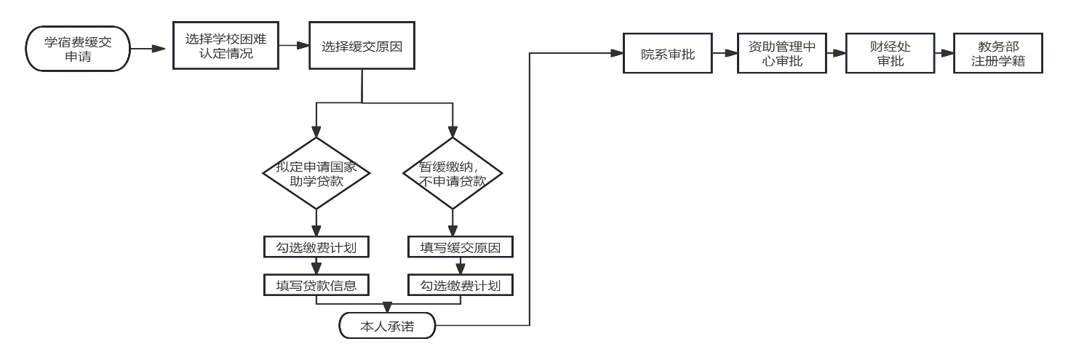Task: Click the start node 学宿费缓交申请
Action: pyautogui.click(x=78, y=49)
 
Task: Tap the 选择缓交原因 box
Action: pyautogui.click(x=362, y=45)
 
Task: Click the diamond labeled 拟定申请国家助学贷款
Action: pyautogui.click(x=316, y=175)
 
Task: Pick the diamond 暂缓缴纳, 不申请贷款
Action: pyautogui.click(x=453, y=175)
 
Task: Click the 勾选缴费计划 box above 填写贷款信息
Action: pyautogui.click(x=316, y=247)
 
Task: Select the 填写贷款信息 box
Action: pyautogui.click(x=316, y=285)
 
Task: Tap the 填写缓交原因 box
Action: pyautogui.click(x=461, y=247)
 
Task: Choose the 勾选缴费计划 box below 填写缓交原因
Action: pyautogui.click(x=461, y=285)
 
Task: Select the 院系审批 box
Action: pyautogui.click(x=667, y=53)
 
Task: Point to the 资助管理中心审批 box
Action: pyautogui.click(x=781, y=53)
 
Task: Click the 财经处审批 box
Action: pyautogui.click(x=890, y=53)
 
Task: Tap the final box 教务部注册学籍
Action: pyautogui.click(x=998, y=53)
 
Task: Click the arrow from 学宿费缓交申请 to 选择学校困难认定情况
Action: pyautogui.click(x=151, y=49)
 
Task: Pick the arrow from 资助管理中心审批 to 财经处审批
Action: pyautogui.click(x=836, y=53)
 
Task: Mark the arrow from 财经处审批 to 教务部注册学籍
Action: pyautogui.click(x=944, y=53)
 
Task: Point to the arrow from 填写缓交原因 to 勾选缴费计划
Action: pyautogui.click(x=461, y=266)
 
